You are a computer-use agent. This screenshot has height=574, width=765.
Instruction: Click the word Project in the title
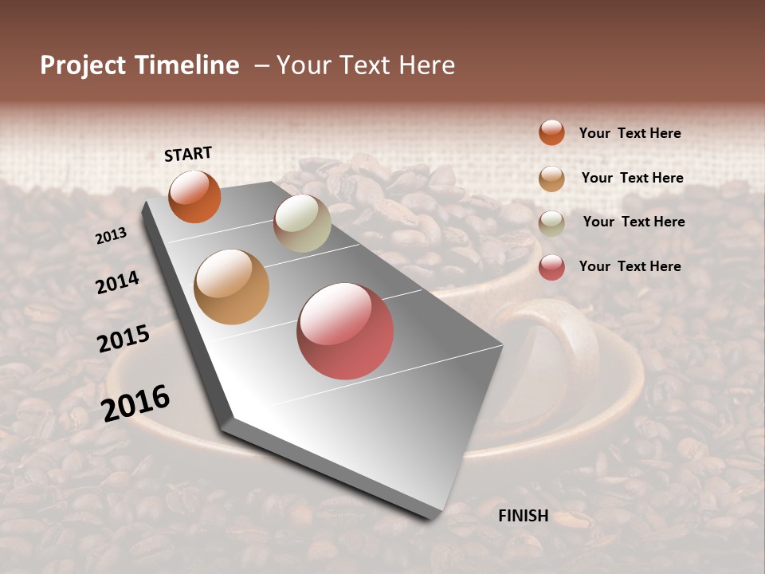[82, 65]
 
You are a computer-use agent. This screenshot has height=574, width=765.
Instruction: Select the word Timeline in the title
[185, 65]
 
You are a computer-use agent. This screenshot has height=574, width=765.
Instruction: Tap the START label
[188, 154]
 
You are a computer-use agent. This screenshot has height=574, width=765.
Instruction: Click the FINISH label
[524, 516]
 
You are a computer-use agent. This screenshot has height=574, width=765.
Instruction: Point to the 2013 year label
[112, 235]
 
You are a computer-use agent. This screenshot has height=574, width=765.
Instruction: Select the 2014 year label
[118, 282]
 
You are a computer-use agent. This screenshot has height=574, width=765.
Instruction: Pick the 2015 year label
[124, 339]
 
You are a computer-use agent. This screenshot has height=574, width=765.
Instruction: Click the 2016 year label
[135, 403]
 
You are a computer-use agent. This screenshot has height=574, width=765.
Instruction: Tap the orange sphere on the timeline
[194, 197]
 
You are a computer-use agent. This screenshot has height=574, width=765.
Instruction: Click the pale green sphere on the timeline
[302, 223]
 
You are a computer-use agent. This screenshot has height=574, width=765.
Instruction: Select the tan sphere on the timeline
[232, 287]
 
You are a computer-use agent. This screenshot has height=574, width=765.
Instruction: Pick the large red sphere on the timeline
[345, 331]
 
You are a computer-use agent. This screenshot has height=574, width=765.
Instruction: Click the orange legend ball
[551, 133]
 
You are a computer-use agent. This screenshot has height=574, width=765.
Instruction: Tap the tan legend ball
[551, 179]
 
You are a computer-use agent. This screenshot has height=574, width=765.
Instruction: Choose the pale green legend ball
[551, 222]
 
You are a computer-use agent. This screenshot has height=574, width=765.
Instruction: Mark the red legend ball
[551, 267]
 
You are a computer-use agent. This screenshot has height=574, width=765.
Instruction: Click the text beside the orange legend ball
[630, 134]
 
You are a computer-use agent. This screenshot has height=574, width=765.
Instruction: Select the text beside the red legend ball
[630, 266]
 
